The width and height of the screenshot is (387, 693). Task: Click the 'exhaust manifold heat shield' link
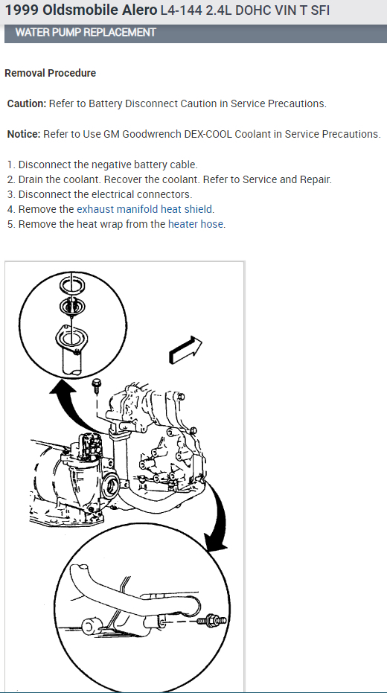[144, 209]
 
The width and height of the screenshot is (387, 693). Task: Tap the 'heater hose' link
[195, 224]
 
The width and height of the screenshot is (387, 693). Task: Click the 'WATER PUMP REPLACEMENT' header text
[86, 32]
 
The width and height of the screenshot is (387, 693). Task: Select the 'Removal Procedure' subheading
[51, 73]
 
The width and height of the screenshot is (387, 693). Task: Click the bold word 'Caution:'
[27, 103]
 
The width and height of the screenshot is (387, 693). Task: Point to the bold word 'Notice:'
[24, 134]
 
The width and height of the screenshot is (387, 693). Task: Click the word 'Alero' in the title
[140, 10]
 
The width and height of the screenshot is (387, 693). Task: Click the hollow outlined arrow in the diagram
[185, 349]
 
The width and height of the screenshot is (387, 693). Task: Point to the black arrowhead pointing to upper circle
[61, 388]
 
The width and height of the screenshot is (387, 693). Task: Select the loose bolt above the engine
[96, 386]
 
